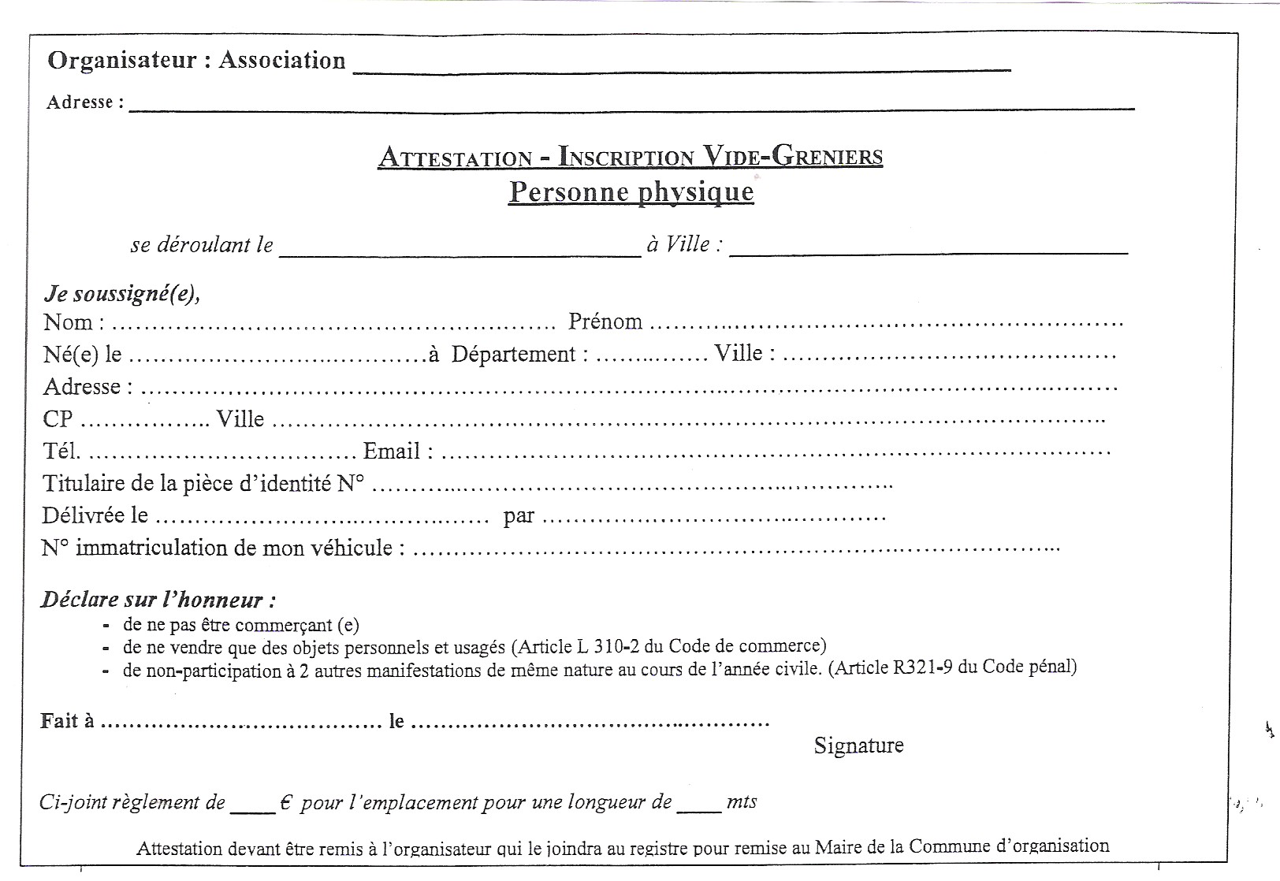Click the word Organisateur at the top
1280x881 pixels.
[x=121, y=61]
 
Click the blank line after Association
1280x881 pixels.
[x=681, y=66]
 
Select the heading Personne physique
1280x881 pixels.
[x=631, y=192]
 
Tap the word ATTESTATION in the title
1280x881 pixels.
[x=456, y=158]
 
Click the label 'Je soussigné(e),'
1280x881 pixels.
[x=122, y=294]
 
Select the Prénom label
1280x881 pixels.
[x=605, y=322]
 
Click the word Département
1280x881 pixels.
[x=519, y=354]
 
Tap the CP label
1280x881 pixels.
[x=58, y=419]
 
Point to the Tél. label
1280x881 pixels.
[x=61, y=452]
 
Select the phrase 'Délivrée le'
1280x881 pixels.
[x=95, y=515]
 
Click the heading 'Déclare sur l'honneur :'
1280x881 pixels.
[x=158, y=600]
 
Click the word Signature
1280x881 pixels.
[x=858, y=745]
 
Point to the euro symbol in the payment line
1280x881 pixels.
[x=286, y=802]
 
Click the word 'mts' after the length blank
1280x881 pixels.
[x=742, y=802]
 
